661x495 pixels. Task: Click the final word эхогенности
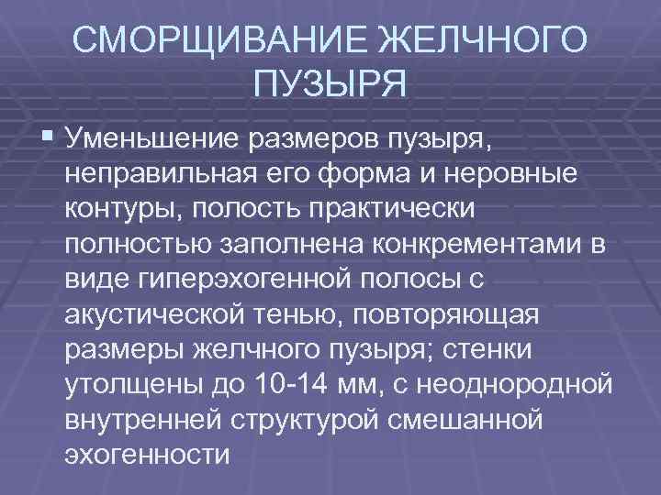coord(147,454)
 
